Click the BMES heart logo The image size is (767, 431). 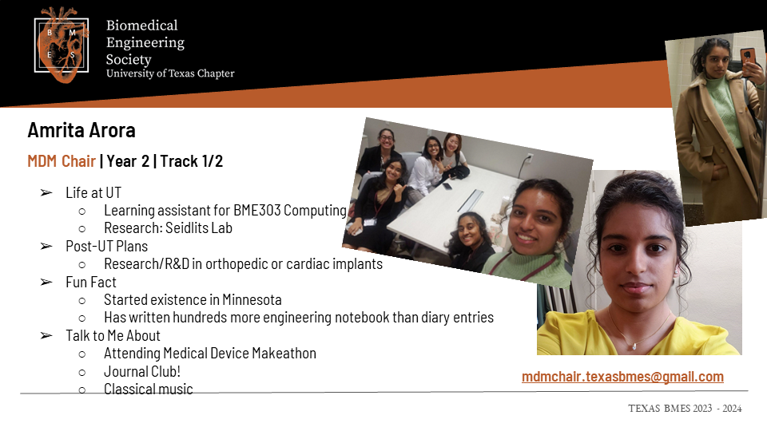(62, 45)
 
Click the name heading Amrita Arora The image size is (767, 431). (81, 130)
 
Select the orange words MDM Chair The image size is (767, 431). (62, 161)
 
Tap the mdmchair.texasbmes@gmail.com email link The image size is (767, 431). (622, 377)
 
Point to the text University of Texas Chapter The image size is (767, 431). (170, 73)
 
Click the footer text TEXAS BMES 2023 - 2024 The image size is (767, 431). (685, 409)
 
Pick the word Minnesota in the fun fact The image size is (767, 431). (252, 299)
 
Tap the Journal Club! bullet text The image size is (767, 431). (142, 372)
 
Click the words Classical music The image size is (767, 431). (149, 389)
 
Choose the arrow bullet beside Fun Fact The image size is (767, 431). (46, 283)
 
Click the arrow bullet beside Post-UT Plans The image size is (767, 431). (46, 247)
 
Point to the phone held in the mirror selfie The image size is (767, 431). (748, 57)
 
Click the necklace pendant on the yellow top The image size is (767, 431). (634, 346)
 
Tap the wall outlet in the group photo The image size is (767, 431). (528, 158)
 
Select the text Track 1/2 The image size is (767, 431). (191, 161)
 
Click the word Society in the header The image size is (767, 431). (129, 60)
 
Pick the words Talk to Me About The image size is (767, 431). (113, 336)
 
